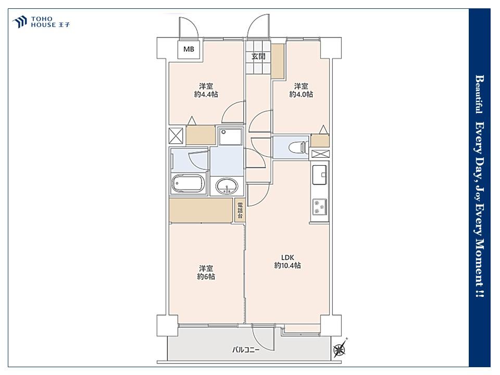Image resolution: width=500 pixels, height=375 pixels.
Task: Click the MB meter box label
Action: [189, 49]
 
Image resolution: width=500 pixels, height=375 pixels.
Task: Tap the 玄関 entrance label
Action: [258, 57]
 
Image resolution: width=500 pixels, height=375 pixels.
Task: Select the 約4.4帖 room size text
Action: [206, 94]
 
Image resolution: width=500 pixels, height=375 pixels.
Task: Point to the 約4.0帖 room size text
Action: [301, 94]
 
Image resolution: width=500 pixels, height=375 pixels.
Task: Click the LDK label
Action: [287, 257]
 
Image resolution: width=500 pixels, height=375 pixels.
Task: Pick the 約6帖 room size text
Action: [206, 277]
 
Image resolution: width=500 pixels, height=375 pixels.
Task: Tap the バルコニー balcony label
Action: [245, 350]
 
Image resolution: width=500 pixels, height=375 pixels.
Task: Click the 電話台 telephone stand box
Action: [240, 210]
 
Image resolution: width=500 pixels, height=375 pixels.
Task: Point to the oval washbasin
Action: [227, 185]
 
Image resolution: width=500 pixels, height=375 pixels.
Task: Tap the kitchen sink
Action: [320, 174]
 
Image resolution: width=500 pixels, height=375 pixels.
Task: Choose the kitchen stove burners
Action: [320, 206]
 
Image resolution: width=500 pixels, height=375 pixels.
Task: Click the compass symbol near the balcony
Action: [339, 350]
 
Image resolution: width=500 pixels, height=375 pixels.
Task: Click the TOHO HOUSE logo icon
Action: [20, 22]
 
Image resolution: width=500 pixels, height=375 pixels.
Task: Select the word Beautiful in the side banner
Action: [479, 94]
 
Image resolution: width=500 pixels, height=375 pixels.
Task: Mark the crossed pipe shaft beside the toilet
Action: [320, 154]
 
